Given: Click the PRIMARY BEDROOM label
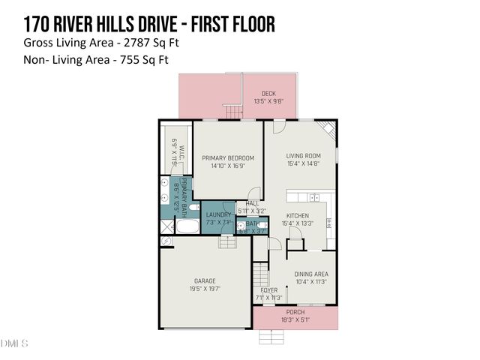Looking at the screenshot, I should click(228, 158).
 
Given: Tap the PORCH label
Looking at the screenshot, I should click(295, 312).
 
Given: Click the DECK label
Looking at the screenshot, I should click(268, 94).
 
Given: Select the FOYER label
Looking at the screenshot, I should click(268, 290).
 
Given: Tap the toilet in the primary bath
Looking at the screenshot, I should click(193, 207).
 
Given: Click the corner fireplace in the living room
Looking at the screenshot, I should click(328, 128).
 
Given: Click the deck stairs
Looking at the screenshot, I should click(235, 112).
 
